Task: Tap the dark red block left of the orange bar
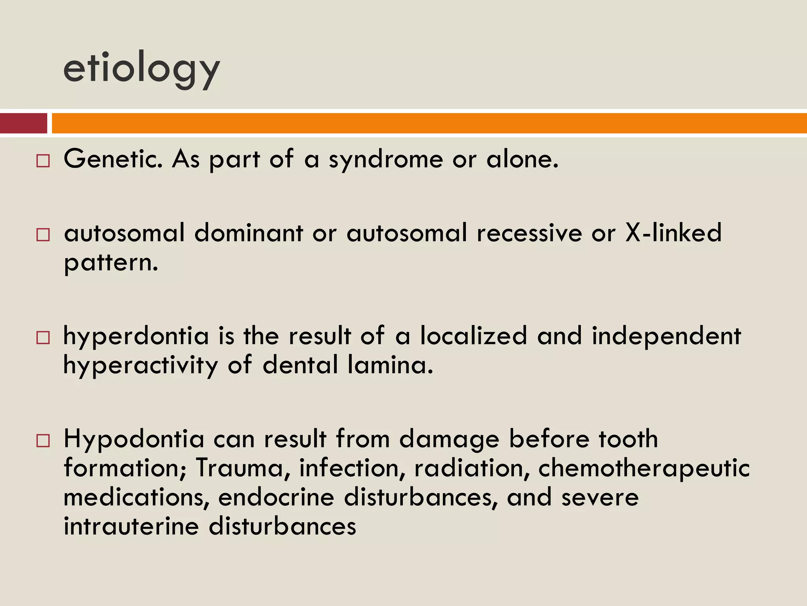23,123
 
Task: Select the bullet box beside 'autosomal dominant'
43,235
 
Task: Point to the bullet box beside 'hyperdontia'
43,338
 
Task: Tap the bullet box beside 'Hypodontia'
43,441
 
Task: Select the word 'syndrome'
386,160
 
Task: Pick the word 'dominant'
249,232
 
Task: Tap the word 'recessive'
529,233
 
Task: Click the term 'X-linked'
673,232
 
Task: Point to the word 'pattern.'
111,263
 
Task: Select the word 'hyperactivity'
141,365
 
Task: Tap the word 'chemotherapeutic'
644,469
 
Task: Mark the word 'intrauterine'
132,526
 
